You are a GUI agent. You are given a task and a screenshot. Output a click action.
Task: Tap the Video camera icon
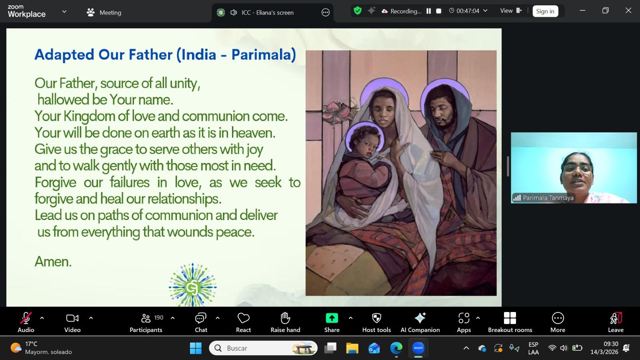pos(72,318)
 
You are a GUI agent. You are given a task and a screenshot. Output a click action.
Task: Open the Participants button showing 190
pos(146,322)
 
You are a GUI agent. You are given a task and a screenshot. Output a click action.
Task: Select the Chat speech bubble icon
pos(200,318)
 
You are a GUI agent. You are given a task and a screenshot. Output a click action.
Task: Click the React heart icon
pos(244,318)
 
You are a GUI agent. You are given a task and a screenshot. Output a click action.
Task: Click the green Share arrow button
pos(332,318)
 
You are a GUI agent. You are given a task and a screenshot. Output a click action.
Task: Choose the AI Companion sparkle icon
pos(420,318)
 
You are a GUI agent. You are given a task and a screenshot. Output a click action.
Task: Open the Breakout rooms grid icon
pos(510,318)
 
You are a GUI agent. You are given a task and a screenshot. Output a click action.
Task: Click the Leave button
pos(616,322)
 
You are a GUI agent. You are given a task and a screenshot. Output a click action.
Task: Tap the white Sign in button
pos(545,11)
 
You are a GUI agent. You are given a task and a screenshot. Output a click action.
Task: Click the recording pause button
pos(428,11)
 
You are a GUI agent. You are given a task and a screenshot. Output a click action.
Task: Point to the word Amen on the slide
pos(53,262)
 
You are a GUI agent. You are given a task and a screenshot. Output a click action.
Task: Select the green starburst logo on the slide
pos(192,285)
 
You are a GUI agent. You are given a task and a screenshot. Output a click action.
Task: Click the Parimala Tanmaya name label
pos(548,198)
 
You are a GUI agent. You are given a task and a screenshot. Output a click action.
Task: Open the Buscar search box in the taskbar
pos(263,348)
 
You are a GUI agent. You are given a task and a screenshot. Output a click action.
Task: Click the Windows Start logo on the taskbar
pos(196,348)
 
